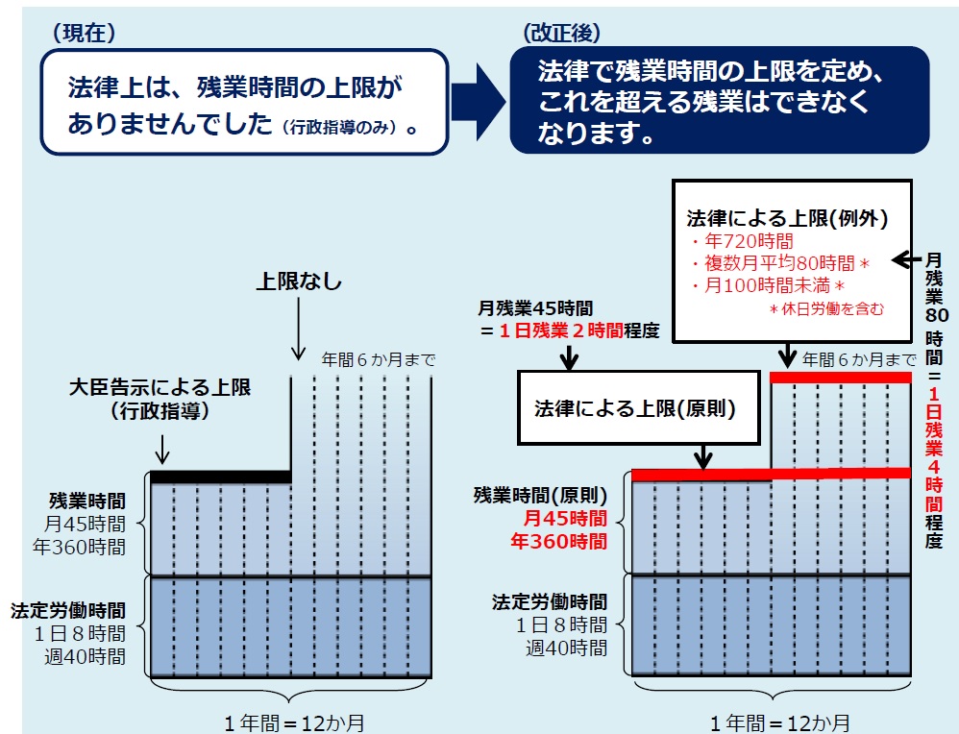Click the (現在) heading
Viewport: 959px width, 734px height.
[x=84, y=33]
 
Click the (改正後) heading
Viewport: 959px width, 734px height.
[x=561, y=33]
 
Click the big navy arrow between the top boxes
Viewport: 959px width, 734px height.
[x=479, y=101]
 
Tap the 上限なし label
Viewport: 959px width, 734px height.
[x=299, y=281]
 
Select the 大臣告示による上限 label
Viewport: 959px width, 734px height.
[x=160, y=387]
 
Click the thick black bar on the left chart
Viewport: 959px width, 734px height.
[x=221, y=477]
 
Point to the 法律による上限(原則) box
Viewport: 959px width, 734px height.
[x=638, y=407]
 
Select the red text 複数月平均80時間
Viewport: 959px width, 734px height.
[x=780, y=263]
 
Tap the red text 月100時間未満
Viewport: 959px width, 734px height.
[x=767, y=285]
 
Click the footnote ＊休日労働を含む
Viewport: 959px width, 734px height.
[x=826, y=309]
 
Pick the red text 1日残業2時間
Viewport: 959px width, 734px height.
[x=561, y=330]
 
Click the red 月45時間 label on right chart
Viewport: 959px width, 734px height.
[x=564, y=518]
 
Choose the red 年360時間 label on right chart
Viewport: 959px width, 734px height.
[x=558, y=541]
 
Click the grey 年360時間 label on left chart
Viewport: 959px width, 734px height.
[x=79, y=547]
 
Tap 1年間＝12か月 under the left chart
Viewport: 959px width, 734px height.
[x=294, y=723]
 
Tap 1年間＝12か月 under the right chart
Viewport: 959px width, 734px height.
[x=779, y=723]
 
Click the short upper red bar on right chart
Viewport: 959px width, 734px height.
[x=841, y=378]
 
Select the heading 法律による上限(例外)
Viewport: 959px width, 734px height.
[x=787, y=218]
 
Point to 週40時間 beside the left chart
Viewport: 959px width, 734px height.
[x=85, y=656]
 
